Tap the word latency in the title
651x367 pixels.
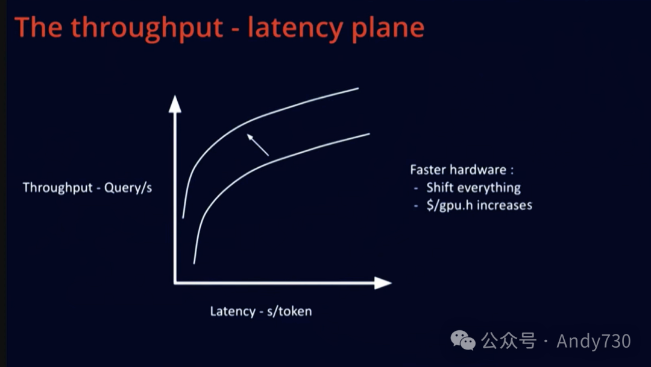point(294,28)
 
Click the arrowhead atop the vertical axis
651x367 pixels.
point(175,104)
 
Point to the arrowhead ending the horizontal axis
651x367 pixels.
point(383,282)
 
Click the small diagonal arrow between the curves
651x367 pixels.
point(257,145)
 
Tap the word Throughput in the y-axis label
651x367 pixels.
point(58,187)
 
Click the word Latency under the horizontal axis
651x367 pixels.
point(233,311)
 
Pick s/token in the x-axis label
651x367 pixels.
point(289,311)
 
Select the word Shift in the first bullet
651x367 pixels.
point(439,187)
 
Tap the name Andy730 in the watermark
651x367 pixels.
point(594,341)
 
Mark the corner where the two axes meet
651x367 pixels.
point(175,282)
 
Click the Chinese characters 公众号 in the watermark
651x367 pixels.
point(508,341)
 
